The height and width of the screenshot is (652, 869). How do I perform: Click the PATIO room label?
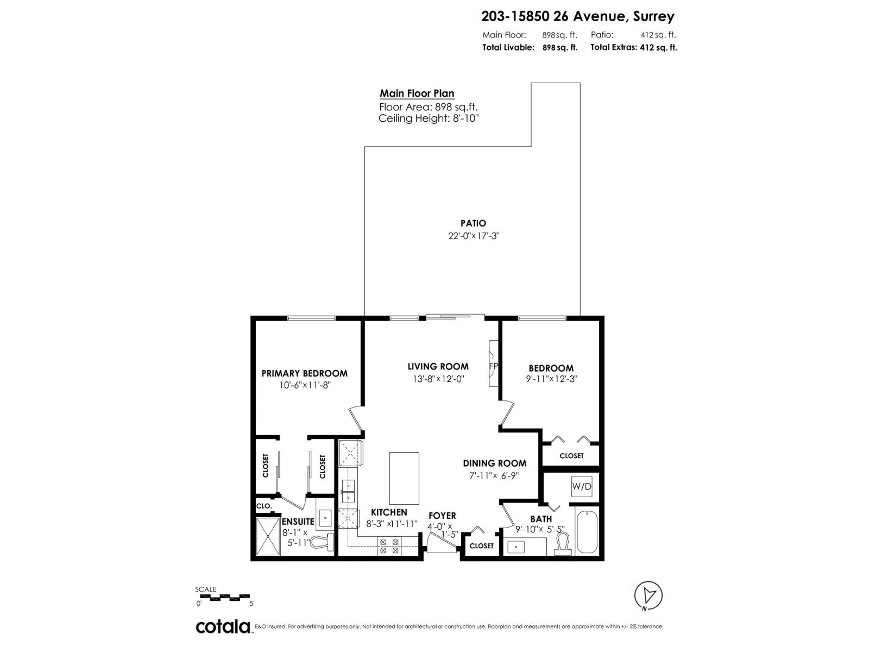tap(473, 223)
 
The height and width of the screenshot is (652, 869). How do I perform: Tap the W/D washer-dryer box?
tap(581, 486)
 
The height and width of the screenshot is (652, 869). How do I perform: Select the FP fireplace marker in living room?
tap(493, 366)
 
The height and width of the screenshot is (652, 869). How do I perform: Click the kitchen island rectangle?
tap(404, 478)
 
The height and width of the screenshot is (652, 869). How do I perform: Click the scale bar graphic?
tap(223, 597)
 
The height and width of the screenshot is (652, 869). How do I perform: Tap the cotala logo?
tap(223, 626)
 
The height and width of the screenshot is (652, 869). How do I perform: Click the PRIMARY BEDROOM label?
tap(304, 373)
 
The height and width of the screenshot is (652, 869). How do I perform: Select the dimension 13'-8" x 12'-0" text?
tap(438, 379)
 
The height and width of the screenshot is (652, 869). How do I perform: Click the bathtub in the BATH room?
tap(587, 531)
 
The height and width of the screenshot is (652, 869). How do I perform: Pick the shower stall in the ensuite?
tap(268, 536)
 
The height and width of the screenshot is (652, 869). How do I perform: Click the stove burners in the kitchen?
tap(388, 546)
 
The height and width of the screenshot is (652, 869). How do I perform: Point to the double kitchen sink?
tap(347, 491)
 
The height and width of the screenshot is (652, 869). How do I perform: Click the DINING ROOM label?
tap(494, 463)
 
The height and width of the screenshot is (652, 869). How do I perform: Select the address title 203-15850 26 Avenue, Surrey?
tap(577, 16)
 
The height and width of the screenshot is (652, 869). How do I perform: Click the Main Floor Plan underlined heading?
tap(417, 93)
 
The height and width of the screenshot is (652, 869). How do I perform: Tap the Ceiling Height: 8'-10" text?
tap(429, 118)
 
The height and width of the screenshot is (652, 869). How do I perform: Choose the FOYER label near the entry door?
tap(442, 516)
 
